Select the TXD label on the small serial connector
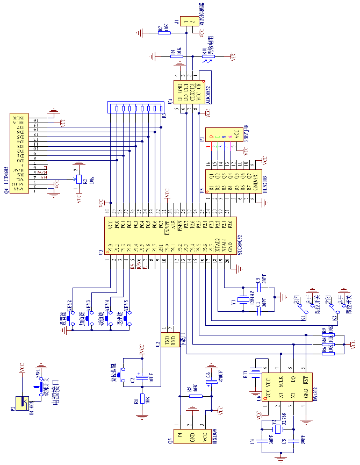(167, 339)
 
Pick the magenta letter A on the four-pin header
(231, 138)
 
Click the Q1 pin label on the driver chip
(211, 176)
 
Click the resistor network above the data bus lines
(135, 108)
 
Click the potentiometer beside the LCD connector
(78, 180)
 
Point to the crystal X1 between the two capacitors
(243, 301)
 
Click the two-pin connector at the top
(188, 22)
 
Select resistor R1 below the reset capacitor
(142, 398)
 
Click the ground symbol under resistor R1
(142, 415)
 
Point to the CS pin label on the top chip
(198, 85)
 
